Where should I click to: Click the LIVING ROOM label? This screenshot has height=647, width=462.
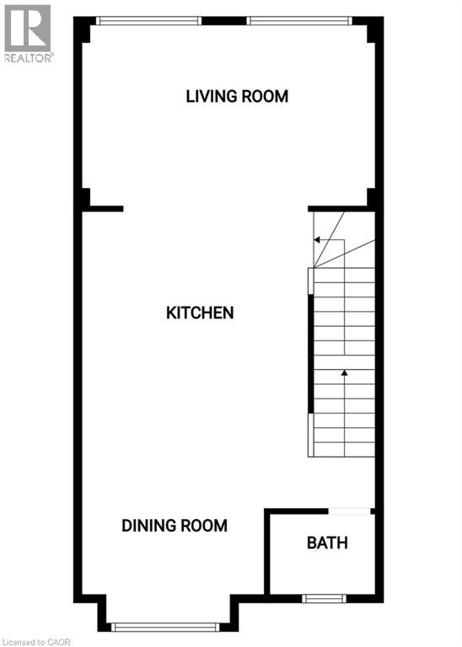[237, 96]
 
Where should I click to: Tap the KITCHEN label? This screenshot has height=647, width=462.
[200, 313]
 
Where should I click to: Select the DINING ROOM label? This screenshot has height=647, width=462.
[175, 526]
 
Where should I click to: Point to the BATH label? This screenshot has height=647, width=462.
[327, 543]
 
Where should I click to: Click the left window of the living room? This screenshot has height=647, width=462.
[148, 20]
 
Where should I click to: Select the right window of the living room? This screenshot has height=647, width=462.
[299, 20]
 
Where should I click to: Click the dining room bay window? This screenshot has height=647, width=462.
[166, 626]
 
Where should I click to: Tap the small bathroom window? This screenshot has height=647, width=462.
[325, 599]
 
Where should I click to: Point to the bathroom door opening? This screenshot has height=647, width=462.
[349, 510]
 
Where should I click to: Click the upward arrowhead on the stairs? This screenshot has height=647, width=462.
[344, 372]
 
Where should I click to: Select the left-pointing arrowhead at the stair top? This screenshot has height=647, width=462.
[317, 240]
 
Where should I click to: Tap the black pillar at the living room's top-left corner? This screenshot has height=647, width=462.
[84, 32]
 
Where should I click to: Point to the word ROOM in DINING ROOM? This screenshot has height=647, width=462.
[202, 526]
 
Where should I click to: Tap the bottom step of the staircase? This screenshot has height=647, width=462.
[344, 449]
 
